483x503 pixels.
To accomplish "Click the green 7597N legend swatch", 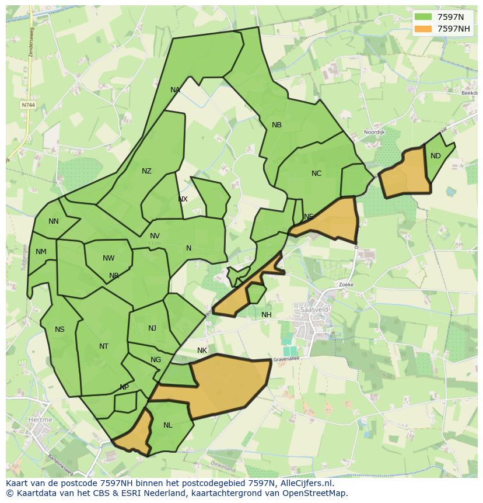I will tap(423, 17).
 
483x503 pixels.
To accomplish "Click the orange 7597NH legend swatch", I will tap(423, 29).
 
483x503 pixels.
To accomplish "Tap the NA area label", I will tap(175, 90).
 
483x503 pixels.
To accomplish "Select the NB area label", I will tap(276, 125).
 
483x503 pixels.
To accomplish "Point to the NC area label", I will tap(316, 174).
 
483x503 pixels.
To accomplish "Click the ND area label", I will tap(436, 156).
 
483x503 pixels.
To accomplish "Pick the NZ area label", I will tap(146, 171).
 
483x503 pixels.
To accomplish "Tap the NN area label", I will tap(54, 221).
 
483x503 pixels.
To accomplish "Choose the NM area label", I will tap(41, 252).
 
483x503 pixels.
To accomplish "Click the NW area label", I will tap(108, 258).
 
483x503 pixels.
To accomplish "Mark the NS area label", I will tap(60, 329).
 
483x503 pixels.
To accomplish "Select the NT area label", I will tap(104, 346).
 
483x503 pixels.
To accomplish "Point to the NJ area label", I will tap(152, 328).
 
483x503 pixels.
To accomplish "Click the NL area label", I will tap(168, 425).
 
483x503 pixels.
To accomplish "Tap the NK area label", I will tap(202, 351).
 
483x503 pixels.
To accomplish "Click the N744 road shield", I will tap(27, 105).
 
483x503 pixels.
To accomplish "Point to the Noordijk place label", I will tap(374, 133).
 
